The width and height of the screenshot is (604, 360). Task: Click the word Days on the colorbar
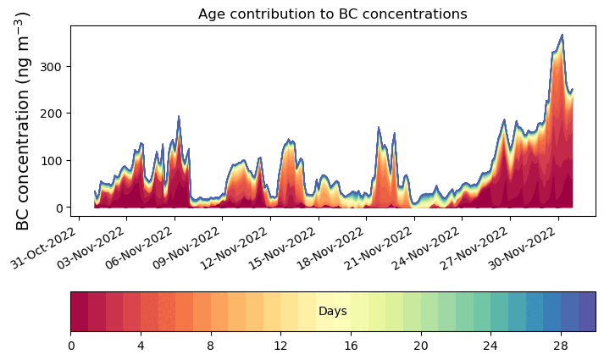(332, 312)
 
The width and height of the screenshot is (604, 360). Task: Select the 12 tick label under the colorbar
(280, 346)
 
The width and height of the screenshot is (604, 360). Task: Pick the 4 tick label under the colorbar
(141, 346)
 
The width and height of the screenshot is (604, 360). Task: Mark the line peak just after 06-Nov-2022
(178, 116)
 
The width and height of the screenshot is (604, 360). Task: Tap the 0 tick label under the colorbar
(71, 346)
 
